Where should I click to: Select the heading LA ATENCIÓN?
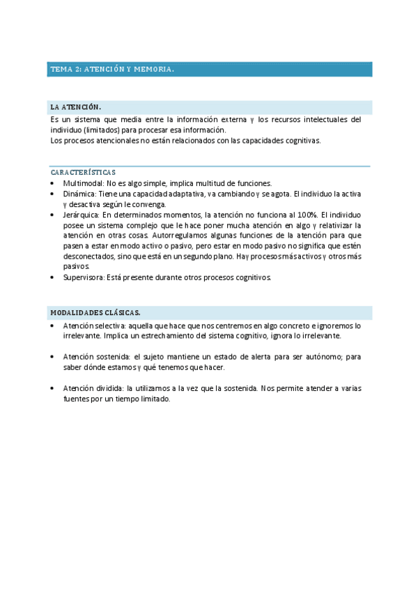pyautogui.click(x=75, y=107)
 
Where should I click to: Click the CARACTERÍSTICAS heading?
pyautogui.click(x=83, y=171)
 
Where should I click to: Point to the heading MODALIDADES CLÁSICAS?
pyautogui.click(x=95, y=312)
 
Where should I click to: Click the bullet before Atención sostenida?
pyautogui.click(x=54, y=357)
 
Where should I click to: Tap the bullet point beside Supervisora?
pyautogui.click(x=54, y=277)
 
